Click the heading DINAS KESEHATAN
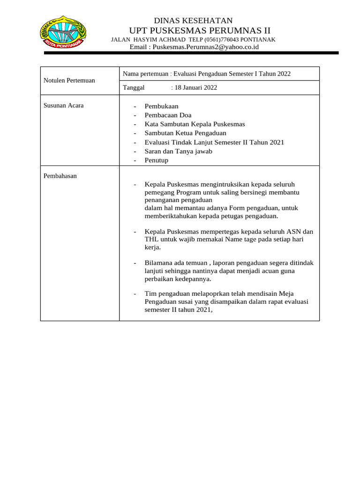pyautogui.click(x=194, y=20)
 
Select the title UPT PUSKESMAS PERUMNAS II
pyautogui.click(x=193, y=30)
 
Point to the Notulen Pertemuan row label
pyautogui.click(x=69, y=81)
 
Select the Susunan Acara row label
pyautogui.click(x=64, y=105)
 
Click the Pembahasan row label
pyautogui.click(x=60, y=176)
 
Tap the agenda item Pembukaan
pyautogui.click(x=161, y=106)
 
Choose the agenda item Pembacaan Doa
pyautogui.click(x=168, y=115)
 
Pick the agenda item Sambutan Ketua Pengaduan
pyautogui.click(x=185, y=133)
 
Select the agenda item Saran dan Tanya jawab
pyautogui.click(x=178, y=151)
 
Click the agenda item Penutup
pyautogui.click(x=156, y=160)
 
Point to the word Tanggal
pyautogui.click(x=134, y=88)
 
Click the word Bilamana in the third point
pyautogui.click(x=158, y=263)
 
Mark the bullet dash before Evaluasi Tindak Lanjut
pyautogui.click(x=135, y=142)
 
